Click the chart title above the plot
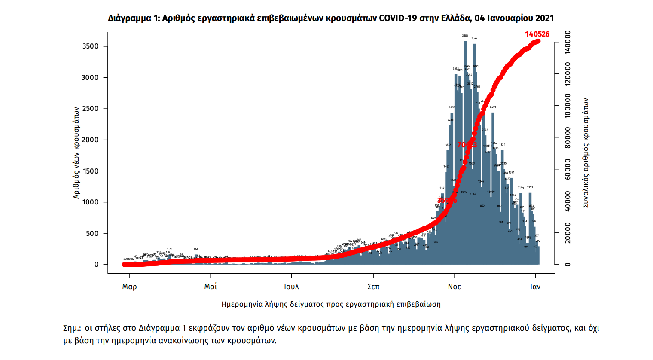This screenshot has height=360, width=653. coord(330,18)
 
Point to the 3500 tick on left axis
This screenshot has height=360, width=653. coord(90,46)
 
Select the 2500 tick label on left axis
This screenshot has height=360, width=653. coord(90,109)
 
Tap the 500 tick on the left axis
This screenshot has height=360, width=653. coord(92,234)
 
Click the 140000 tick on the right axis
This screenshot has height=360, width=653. coord(568,42)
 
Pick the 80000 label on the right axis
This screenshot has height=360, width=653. coord(568,137)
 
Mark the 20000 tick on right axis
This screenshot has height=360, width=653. coord(568,233)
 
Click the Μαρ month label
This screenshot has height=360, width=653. coord(129,287)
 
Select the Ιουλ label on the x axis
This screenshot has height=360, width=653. coord(291,287)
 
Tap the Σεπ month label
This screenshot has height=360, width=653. coord(373,287)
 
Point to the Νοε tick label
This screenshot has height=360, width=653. coord(454,287)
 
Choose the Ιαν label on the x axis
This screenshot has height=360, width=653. coord(535,287)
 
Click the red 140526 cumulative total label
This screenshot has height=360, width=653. coord(537,34)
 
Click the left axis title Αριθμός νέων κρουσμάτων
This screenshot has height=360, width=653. coord(76,153)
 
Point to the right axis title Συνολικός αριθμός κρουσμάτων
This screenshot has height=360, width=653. coord(586,153)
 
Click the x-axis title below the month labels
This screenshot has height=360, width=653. coord(331,305)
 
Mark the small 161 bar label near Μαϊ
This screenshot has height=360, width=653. coord(196,249)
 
